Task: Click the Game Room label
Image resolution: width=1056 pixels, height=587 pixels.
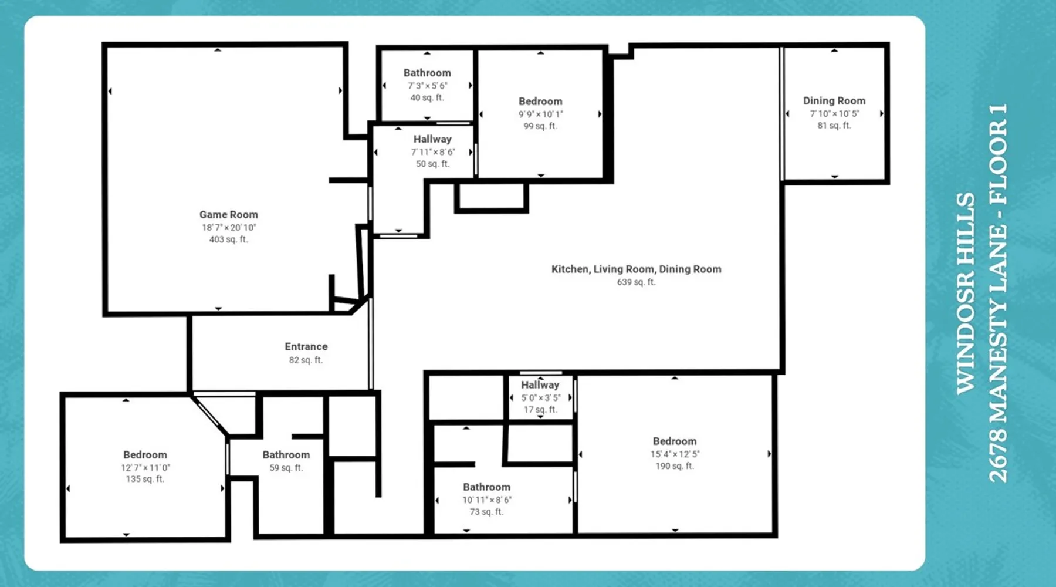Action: (x=229, y=215)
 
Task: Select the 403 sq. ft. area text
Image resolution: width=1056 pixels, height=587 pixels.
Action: (x=229, y=239)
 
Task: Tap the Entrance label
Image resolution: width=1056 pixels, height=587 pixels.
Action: (x=306, y=347)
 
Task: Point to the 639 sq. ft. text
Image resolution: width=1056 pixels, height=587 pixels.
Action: (x=636, y=282)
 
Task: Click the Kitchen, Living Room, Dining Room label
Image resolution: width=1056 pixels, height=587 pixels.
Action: (x=636, y=269)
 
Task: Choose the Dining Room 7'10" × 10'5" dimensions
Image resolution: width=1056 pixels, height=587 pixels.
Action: (x=834, y=113)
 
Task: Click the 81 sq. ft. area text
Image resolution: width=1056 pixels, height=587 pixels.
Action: (x=834, y=126)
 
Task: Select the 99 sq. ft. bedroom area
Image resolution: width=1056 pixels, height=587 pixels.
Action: (x=540, y=126)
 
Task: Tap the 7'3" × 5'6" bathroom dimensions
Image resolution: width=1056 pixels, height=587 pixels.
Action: (x=427, y=86)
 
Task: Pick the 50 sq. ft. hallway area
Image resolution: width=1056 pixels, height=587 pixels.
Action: (x=433, y=164)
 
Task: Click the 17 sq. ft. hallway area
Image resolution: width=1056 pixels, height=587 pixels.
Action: (x=540, y=410)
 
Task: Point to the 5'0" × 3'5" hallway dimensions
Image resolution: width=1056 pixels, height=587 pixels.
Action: (x=540, y=397)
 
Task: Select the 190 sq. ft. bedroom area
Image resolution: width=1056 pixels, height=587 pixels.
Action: (x=675, y=466)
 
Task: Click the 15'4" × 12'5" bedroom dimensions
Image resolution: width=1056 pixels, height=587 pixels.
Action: (x=675, y=454)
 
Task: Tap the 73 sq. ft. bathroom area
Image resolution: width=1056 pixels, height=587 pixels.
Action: (x=486, y=512)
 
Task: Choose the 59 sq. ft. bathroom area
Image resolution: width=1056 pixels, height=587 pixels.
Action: (x=286, y=468)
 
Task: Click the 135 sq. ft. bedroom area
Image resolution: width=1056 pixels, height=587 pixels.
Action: (x=145, y=479)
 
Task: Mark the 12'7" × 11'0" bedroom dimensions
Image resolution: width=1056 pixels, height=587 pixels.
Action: (x=145, y=468)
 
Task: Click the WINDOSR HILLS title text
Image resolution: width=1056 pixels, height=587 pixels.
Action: (x=966, y=293)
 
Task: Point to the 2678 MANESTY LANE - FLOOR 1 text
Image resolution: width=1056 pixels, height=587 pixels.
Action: (x=998, y=293)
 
